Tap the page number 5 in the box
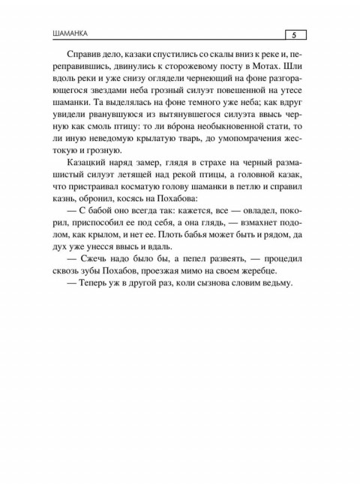point(294,35)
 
